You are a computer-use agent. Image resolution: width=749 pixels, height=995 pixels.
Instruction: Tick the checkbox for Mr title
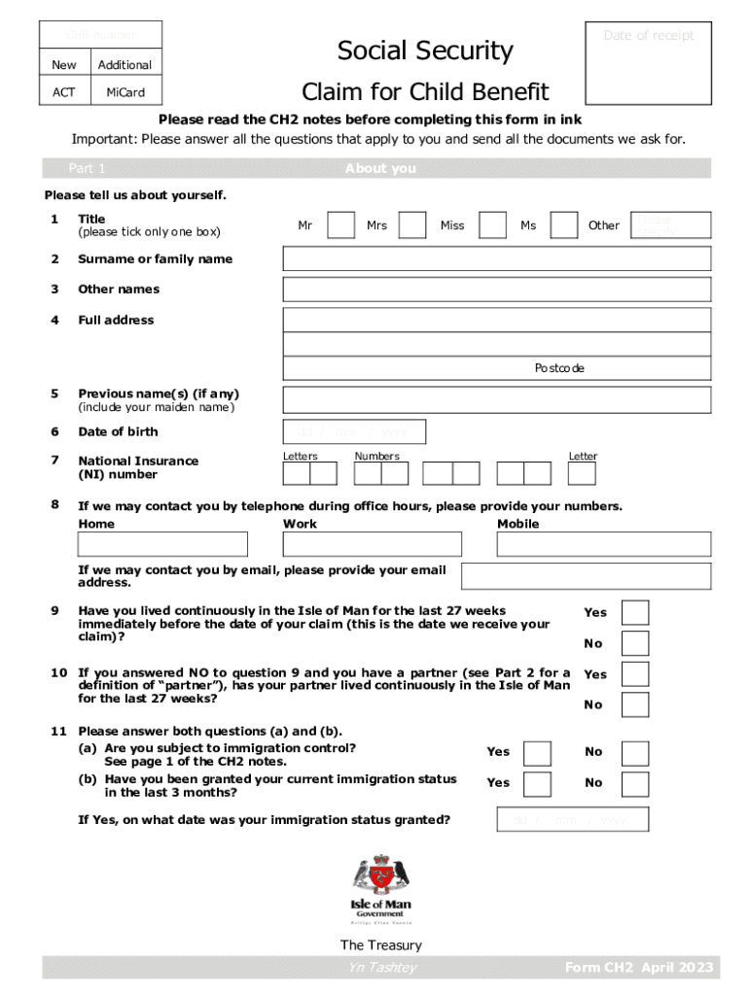(340, 225)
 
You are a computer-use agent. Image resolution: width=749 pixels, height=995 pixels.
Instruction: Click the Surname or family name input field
(496, 258)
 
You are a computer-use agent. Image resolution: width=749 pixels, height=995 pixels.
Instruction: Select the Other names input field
(496, 290)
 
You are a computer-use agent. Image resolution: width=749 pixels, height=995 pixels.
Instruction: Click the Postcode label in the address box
(559, 368)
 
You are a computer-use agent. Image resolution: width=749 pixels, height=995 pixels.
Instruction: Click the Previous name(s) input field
(496, 399)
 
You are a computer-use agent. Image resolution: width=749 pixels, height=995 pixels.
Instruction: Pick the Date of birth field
(354, 431)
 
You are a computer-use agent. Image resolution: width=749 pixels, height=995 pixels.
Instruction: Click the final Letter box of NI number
(582, 473)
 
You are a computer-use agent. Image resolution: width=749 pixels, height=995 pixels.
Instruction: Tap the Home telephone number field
(162, 544)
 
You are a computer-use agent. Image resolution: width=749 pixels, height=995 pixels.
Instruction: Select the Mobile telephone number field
(603, 544)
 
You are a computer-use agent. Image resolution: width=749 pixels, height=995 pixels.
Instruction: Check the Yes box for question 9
(635, 613)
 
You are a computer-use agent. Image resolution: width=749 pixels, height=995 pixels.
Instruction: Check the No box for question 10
(635, 704)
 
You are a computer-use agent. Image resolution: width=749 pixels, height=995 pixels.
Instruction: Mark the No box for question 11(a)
(635, 752)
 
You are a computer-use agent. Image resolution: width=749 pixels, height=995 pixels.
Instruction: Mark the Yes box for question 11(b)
(537, 783)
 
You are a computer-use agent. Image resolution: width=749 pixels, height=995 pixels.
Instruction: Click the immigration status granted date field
(573, 820)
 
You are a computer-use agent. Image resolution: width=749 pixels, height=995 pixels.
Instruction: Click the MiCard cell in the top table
(125, 92)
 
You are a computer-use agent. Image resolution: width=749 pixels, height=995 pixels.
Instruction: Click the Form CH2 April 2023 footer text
(639, 967)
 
